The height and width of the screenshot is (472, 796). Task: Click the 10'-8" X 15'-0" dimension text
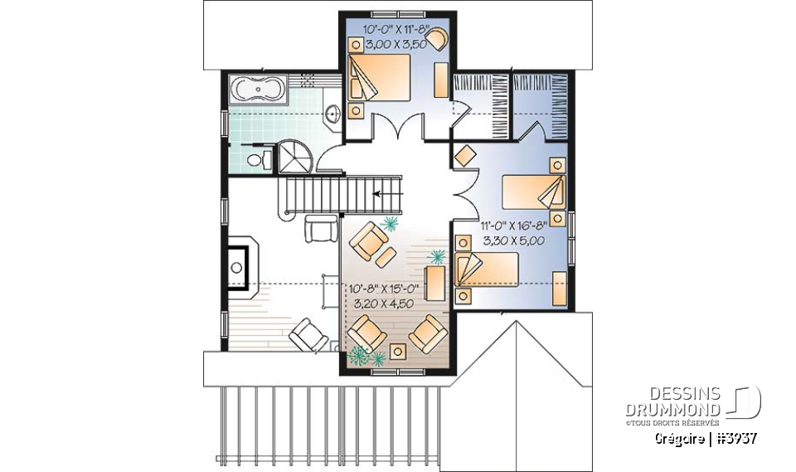tap(382, 290)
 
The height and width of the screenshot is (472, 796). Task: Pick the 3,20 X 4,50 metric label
tap(382, 304)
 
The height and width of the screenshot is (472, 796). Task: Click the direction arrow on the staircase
tap(383, 194)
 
